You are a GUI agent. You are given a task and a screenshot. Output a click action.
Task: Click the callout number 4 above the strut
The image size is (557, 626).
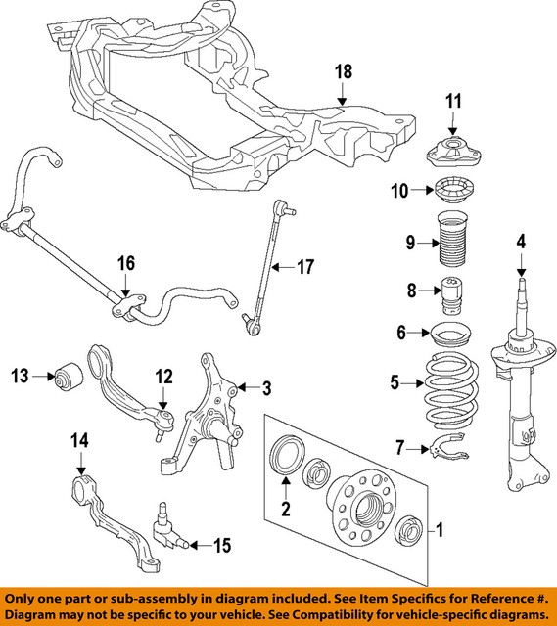[x=522, y=241]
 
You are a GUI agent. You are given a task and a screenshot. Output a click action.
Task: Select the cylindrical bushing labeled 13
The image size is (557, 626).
[x=70, y=375]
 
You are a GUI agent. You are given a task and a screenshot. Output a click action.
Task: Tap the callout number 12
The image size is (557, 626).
[x=162, y=376]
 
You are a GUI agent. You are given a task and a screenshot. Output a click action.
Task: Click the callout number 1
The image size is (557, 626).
[x=440, y=531]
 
